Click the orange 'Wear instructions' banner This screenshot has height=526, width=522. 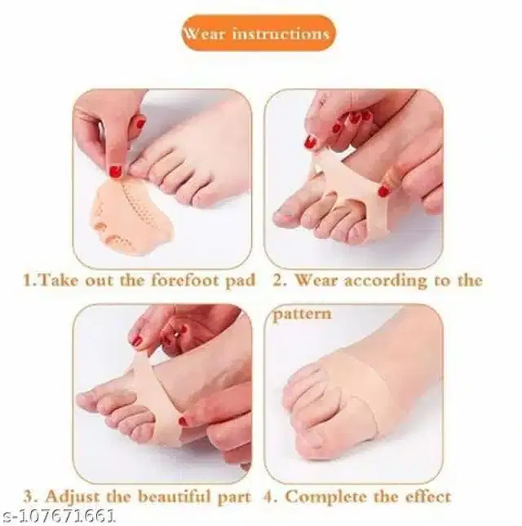(257, 33)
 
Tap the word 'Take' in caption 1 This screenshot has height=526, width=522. (58, 281)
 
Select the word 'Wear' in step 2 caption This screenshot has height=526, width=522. (316, 281)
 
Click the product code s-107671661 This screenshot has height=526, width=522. (60, 515)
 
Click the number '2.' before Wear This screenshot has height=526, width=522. (277, 281)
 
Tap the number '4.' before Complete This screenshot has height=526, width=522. (270, 496)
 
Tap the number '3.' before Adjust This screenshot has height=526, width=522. (29, 496)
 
